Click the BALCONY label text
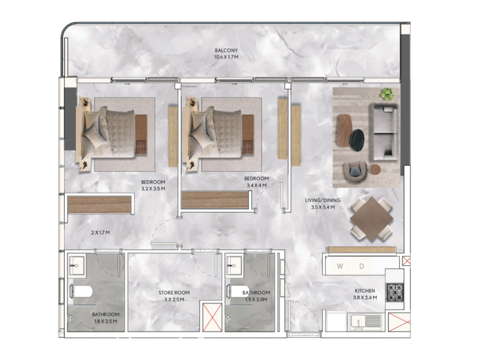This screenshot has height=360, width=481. (x=226, y=50)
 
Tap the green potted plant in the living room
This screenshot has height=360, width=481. (x=388, y=94)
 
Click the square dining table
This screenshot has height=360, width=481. (x=372, y=219)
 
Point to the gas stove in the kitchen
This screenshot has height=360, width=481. (x=395, y=293)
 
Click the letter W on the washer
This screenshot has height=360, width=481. (x=340, y=266)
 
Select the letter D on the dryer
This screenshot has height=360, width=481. (x=361, y=266)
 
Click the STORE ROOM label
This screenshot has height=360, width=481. (x=174, y=292)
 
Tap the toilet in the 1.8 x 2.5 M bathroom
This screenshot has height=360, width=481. (x=81, y=291)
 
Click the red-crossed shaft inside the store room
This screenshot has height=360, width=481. (x=212, y=317)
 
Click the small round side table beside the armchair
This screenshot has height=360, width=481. (x=375, y=169)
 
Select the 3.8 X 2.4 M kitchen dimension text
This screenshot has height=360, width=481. (x=365, y=297)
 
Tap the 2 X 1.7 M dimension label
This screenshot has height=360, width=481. (x=101, y=233)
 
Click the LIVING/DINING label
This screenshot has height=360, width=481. (x=323, y=200)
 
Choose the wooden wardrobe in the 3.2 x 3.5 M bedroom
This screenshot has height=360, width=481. (x=99, y=204)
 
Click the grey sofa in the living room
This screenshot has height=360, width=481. (x=385, y=132)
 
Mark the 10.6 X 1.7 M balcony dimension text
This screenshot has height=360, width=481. (x=226, y=57)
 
